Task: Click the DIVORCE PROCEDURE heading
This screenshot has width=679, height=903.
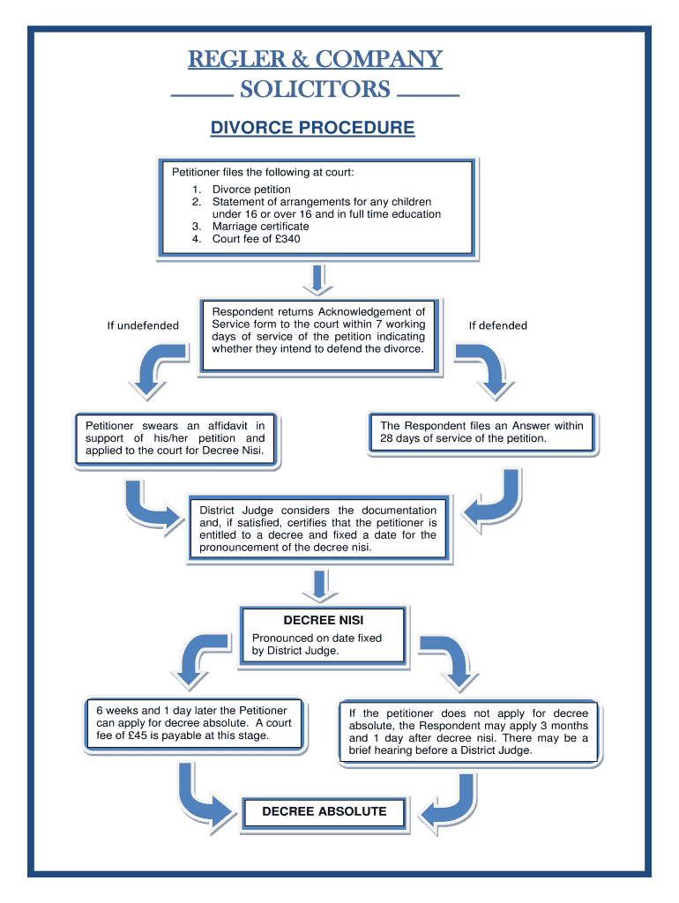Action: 312,128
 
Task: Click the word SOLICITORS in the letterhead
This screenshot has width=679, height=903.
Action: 315,89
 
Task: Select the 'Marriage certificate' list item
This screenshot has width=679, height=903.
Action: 260,226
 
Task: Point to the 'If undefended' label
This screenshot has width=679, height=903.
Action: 143,325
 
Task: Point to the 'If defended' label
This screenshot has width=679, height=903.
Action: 497,325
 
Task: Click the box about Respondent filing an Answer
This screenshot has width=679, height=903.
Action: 481,431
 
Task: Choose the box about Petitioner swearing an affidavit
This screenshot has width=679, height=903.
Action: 175,437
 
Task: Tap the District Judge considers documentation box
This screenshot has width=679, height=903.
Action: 317,529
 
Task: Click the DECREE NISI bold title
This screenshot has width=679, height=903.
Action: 324,620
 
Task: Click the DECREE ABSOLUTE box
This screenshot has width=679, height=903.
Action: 325,811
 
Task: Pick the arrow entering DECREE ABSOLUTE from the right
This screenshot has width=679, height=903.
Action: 448,802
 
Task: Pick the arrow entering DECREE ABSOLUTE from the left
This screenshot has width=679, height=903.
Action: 202,798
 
